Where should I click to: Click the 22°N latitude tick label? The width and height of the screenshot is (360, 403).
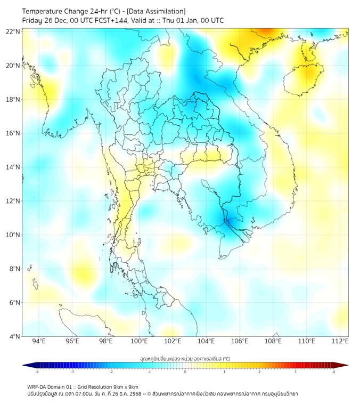(13, 31)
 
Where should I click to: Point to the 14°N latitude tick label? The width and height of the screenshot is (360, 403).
(13, 167)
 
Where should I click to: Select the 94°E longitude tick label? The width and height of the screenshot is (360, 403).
(39, 341)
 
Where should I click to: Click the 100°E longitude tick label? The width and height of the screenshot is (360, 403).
(140, 341)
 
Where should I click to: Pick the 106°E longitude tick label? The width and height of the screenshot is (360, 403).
(240, 341)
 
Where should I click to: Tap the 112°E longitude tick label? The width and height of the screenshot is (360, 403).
(340, 341)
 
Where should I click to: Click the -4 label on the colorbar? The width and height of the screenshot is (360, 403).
(37, 372)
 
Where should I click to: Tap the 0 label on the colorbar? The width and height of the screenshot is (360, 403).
(185, 372)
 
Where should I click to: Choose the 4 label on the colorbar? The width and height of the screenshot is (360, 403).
(334, 372)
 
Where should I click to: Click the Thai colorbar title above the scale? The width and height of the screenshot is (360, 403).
(185, 359)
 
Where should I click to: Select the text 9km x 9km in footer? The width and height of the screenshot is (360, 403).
(126, 386)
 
